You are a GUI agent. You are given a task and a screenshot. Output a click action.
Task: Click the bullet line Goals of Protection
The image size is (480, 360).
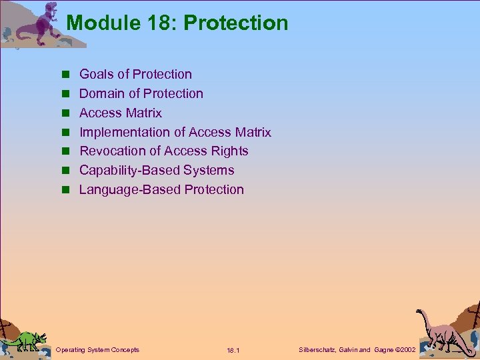(135, 74)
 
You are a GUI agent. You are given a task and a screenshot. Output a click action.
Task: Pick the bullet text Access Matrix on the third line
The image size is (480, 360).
(120, 113)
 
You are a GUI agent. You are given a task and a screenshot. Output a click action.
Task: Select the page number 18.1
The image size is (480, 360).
(233, 351)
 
